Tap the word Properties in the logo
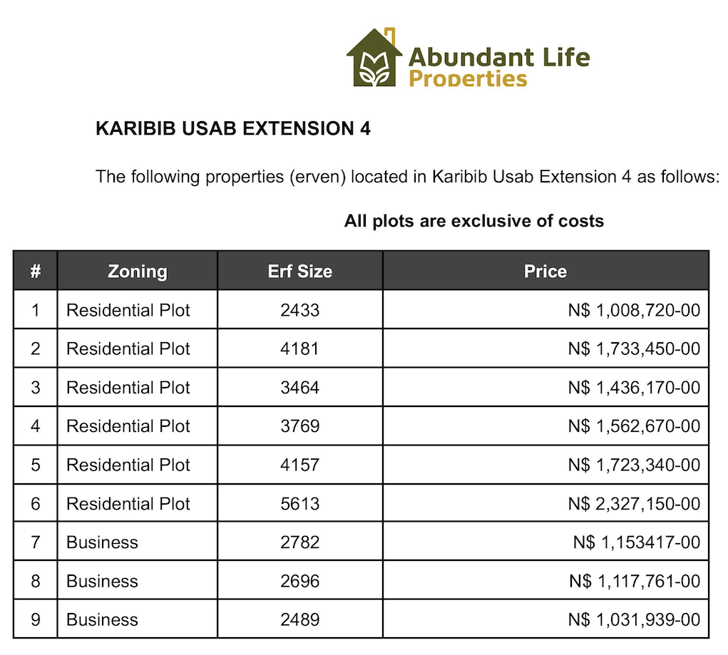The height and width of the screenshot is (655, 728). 468,78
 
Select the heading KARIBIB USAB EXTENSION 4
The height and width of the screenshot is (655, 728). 233,129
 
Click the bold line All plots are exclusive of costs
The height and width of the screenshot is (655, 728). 473,221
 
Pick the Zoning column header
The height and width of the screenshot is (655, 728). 137,271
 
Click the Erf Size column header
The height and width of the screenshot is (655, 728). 299,271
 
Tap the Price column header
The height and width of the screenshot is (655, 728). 545,271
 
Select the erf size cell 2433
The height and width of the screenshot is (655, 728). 299,310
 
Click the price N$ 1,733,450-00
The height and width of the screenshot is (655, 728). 634,349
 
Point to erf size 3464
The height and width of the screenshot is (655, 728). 299,388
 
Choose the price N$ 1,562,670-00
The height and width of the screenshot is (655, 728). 634,426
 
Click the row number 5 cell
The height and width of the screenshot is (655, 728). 35,465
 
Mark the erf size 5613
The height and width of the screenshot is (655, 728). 299,504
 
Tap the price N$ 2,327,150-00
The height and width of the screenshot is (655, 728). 634,504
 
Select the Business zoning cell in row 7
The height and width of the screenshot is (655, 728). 102,542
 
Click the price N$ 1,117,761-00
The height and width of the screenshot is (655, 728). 634,582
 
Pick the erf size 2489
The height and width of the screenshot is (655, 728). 299,620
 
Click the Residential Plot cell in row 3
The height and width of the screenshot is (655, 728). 128,388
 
